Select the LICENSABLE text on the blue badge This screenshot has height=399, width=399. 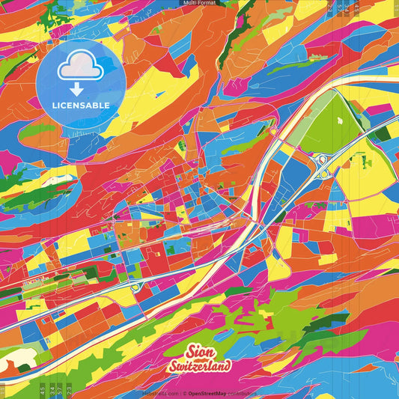click(81, 105)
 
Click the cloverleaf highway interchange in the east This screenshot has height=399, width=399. click(323, 164)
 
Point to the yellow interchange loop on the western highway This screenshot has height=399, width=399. click(135, 287)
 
